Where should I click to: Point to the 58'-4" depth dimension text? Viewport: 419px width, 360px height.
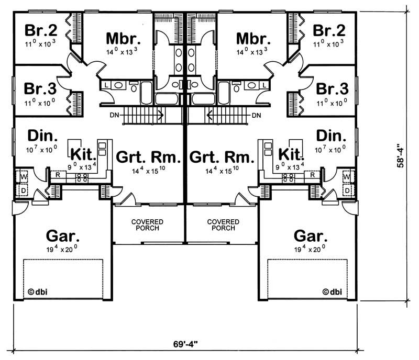[x=401, y=156]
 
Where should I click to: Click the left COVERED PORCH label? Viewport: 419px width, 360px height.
[x=147, y=225]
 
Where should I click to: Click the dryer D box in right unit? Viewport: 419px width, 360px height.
[x=346, y=191]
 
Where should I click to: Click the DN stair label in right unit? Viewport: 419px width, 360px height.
[x=256, y=115]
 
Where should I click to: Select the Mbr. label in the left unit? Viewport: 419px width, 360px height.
[x=123, y=39]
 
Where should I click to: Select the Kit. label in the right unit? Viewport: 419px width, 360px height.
[x=291, y=154]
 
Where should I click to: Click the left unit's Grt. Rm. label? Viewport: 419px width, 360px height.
[x=148, y=157]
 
